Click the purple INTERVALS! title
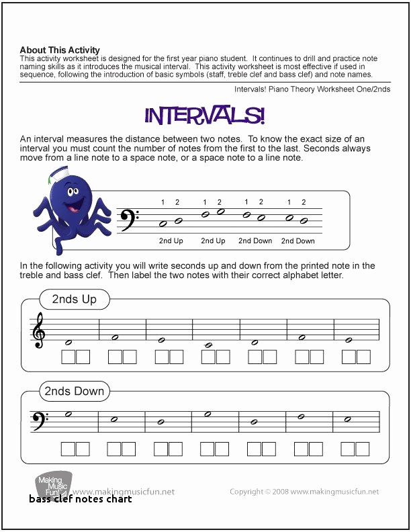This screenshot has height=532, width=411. (205, 115)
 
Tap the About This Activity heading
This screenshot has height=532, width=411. (60, 50)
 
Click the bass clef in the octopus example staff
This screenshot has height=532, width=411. (128, 219)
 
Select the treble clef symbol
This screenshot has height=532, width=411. (39, 331)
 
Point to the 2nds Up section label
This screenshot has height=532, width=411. (75, 299)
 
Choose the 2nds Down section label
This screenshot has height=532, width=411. (75, 390)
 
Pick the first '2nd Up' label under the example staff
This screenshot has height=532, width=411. (171, 240)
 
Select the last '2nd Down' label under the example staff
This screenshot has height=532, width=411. (298, 240)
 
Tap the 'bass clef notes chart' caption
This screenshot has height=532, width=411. (80, 499)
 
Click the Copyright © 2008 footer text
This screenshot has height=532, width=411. (304, 492)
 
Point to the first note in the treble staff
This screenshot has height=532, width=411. (68, 342)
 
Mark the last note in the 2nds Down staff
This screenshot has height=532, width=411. (347, 419)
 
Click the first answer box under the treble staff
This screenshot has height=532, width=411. (68, 357)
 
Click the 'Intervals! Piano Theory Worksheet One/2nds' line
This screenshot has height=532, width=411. (312, 89)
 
